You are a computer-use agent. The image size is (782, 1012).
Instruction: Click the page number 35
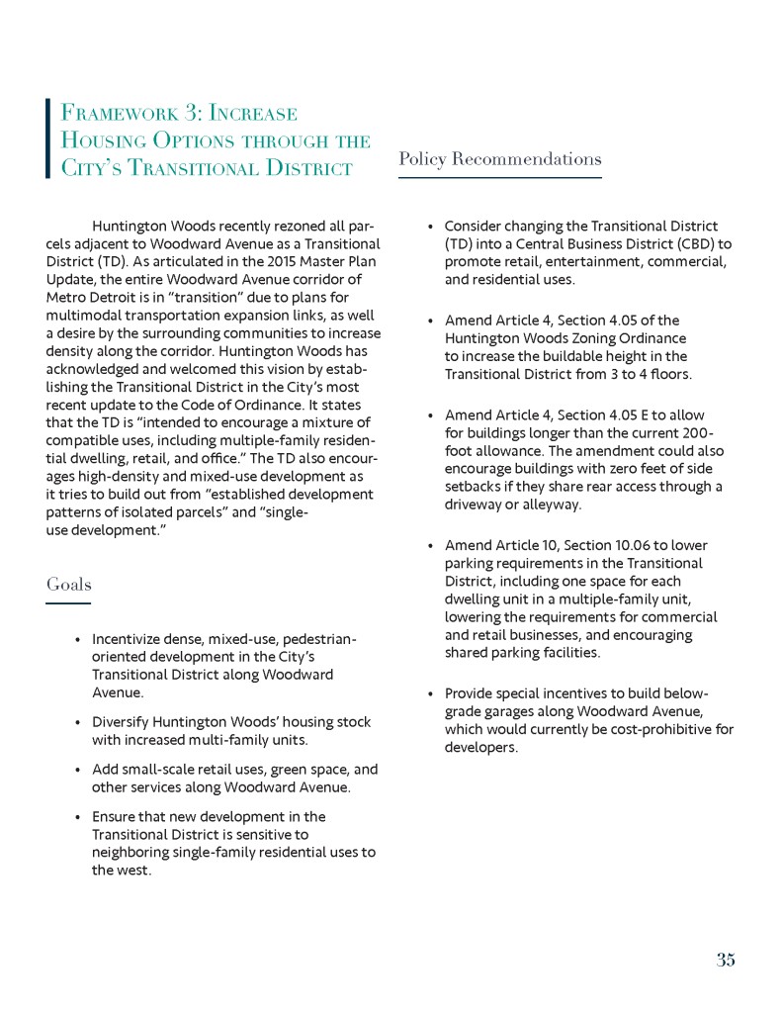pyautogui.click(x=726, y=960)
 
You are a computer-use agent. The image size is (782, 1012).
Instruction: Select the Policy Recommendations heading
pyautogui.click(x=499, y=159)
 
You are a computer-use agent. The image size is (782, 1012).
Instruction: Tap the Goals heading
pyautogui.click(x=68, y=585)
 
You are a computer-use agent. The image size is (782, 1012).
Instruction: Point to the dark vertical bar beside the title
pyautogui.click(x=47, y=138)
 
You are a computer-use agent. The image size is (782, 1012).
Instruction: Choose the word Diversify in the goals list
pyautogui.click(x=124, y=722)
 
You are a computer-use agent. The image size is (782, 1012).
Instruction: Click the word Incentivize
pyautogui.click(x=129, y=639)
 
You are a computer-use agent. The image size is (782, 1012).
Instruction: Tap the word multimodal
pyautogui.click(x=84, y=315)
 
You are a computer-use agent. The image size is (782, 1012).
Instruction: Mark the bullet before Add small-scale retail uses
pyautogui.click(x=77, y=770)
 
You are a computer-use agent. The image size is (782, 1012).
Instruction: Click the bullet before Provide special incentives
pyautogui.click(x=430, y=694)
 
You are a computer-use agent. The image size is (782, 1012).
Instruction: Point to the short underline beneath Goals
pyautogui.click(x=68, y=603)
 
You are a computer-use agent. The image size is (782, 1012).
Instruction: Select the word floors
pyautogui.click(x=668, y=374)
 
